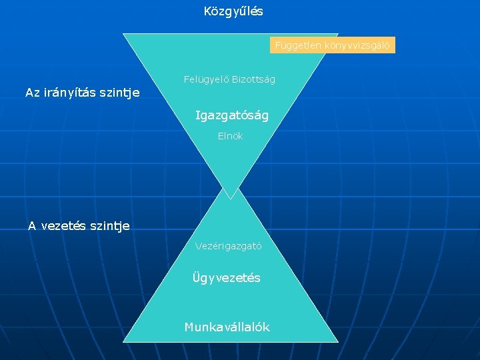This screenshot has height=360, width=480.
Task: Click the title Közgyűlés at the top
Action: [233, 11]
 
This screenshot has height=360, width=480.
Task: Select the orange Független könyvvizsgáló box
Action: [333, 45]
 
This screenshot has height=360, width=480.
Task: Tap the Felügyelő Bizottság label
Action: [229, 79]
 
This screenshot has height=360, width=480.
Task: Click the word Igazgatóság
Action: [231, 115]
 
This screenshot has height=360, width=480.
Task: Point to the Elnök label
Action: [230, 136]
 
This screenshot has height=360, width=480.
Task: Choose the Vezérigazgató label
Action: [228, 246]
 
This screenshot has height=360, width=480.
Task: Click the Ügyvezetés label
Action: [226, 277]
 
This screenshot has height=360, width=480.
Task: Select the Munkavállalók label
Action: [227, 327]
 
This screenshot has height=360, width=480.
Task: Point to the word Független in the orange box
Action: [297, 45]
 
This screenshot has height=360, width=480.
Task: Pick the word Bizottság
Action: [253, 79]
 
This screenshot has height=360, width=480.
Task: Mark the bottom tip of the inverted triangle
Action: [231, 198]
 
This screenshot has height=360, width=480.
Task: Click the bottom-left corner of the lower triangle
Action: [125, 341]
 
